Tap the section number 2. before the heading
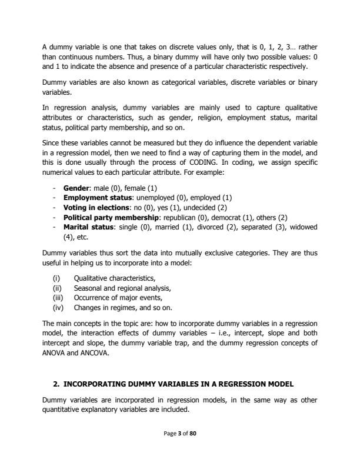point(56,384)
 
